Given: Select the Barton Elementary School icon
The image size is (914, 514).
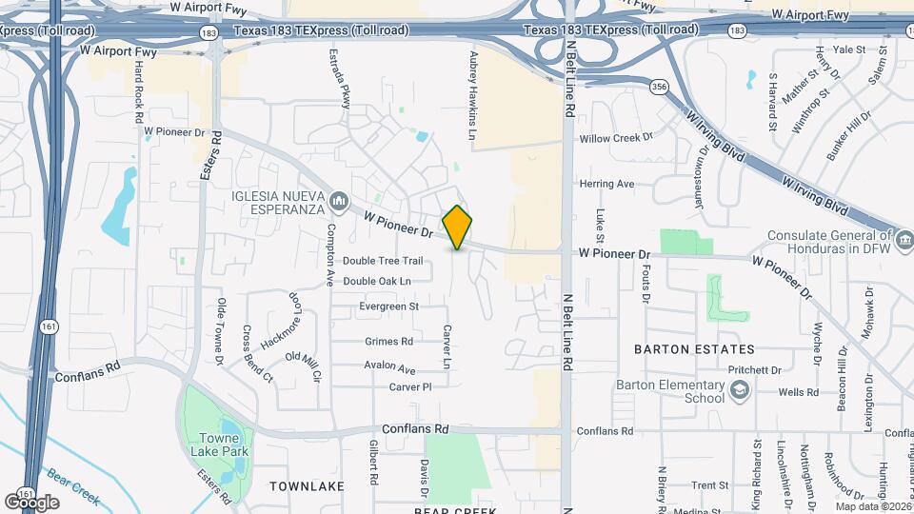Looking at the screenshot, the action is tap(740, 390).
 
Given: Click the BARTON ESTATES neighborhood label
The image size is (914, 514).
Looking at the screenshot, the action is tap(694, 349).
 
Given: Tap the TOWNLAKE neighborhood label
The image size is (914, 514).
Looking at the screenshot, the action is tap(307, 486).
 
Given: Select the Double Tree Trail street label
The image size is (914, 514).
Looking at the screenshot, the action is tap(383, 261).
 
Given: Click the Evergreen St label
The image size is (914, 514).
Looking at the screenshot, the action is tap(389, 306).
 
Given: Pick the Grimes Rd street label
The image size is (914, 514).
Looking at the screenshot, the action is tap(388, 341).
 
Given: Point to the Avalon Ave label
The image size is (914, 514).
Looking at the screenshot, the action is tap(389, 366).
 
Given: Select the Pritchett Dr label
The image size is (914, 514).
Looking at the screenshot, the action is tap(753, 370).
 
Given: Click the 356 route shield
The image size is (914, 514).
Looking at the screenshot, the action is tap(659, 87).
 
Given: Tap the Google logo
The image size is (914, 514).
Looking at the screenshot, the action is tap(31, 502).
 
